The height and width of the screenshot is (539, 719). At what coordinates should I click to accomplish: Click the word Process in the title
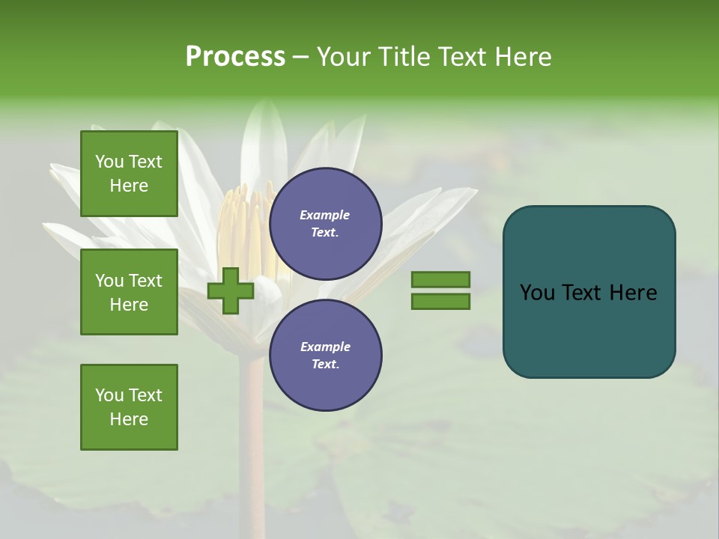[x=235, y=57]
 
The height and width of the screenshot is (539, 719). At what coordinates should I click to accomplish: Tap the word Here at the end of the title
[x=522, y=57]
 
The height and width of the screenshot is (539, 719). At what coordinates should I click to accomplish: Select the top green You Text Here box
[x=129, y=174]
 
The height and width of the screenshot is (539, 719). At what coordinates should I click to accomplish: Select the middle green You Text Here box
[x=129, y=292]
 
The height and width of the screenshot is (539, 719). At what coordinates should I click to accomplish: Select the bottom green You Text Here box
[x=129, y=407]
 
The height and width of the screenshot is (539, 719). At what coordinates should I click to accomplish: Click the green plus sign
[x=231, y=291]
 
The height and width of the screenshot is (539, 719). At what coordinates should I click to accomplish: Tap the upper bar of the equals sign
[x=440, y=279]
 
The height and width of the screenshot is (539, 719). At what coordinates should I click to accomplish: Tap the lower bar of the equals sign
[x=440, y=302]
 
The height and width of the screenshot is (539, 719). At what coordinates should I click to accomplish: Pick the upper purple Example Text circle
[x=326, y=224]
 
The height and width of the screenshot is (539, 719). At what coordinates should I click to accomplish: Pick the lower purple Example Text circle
[x=326, y=356]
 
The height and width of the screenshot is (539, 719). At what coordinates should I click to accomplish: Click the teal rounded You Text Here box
[x=589, y=292]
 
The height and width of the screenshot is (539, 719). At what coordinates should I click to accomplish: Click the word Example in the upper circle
[x=325, y=215]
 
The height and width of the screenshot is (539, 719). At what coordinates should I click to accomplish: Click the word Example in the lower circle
[x=325, y=347]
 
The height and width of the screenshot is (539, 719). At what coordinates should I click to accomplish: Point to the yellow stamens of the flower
[x=247, y=225]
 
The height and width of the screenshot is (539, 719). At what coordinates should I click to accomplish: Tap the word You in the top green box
[x=109, y=162]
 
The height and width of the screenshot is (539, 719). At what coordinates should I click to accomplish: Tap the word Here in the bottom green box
[x=129, y=419]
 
